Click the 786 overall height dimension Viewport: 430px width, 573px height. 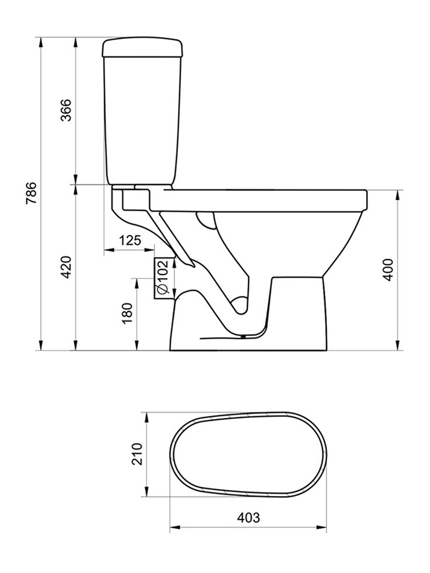31,193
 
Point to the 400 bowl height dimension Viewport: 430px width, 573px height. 388,269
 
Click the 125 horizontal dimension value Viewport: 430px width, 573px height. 130,240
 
